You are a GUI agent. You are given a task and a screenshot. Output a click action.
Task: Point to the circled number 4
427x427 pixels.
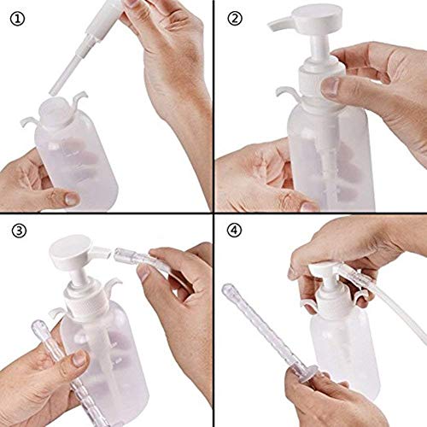(235, 232)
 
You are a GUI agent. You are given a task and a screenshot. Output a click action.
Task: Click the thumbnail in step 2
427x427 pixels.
(331, 85)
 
